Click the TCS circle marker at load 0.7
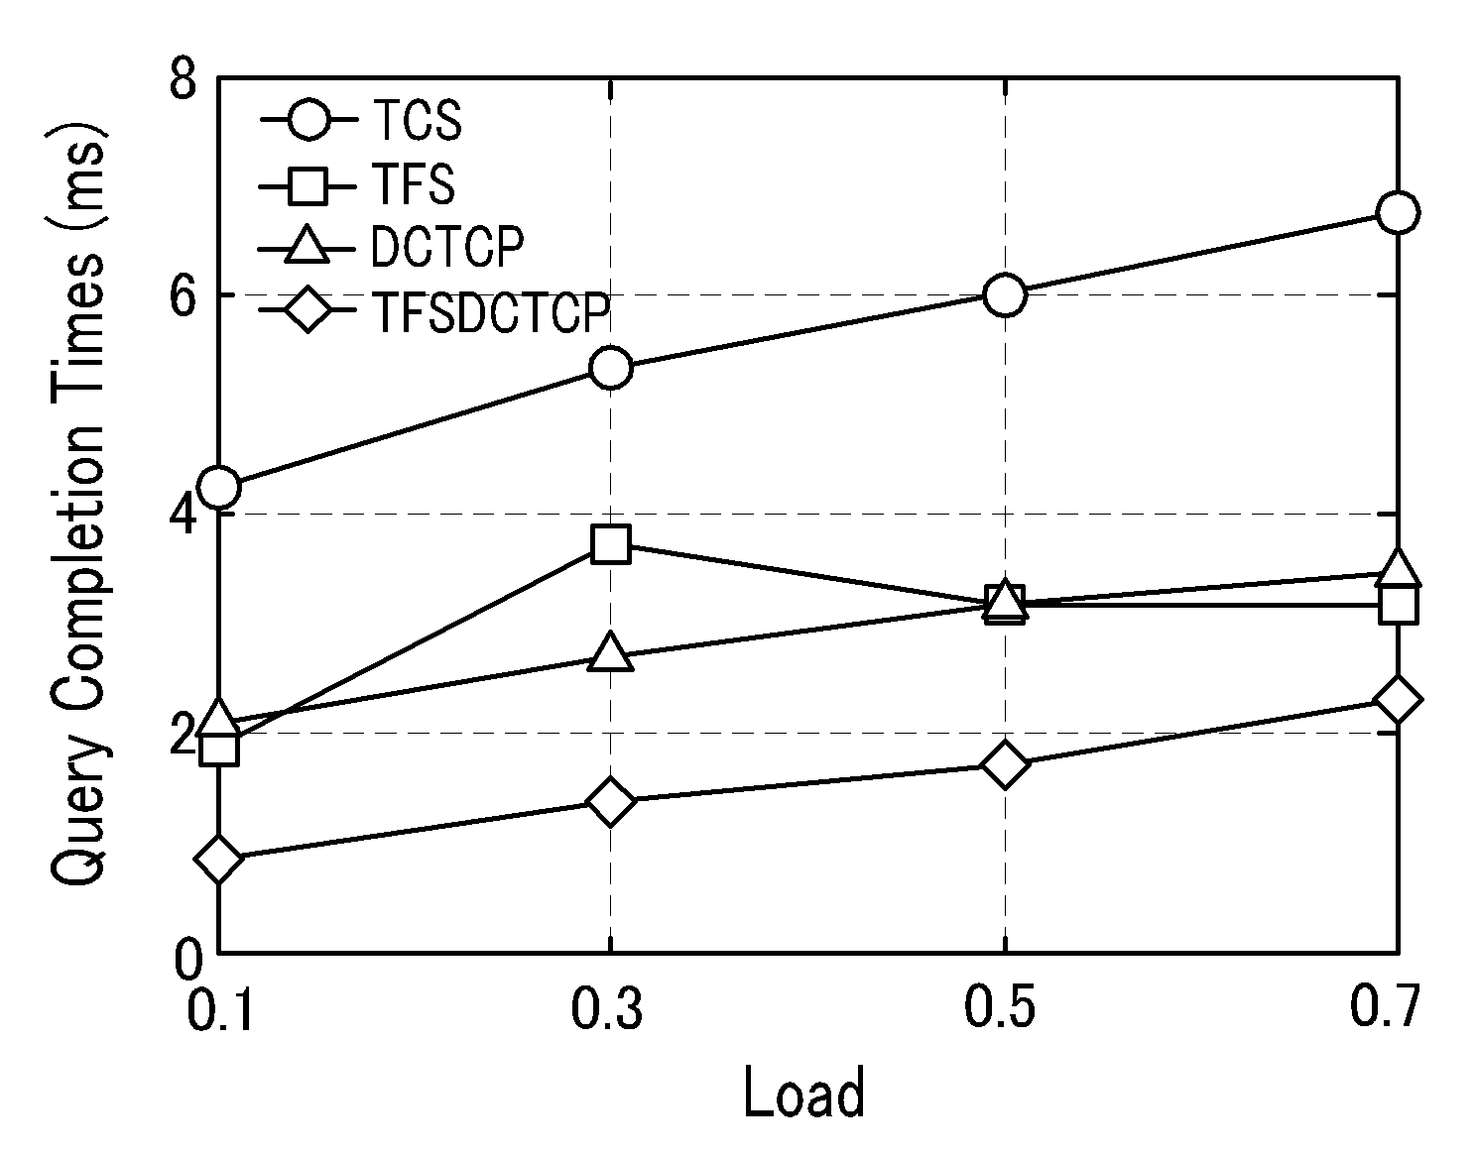(x=1398, y=212)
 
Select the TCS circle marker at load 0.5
(x=1005, y=294)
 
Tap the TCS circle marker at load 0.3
(x=611, y=367)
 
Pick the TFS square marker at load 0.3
(x=611, y=543)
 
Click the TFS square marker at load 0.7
(x=1398, y=604)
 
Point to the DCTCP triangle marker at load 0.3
(x=611, y=653)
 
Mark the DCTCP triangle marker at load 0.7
(x=1398, y=569)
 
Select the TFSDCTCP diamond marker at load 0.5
(x=1005, y=764)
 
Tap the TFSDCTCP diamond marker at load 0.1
(x=218, y=859)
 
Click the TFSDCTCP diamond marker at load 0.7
(x=1398, y=699)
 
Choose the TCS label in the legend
(x=417, y=120)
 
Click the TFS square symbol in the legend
(x=307, y=184)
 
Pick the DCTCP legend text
(x=447, y=247)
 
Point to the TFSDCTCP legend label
(x=491, y=311)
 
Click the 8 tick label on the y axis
(x=184, y=78)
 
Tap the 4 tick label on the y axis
(x=184, y=516)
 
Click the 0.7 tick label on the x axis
(x=1385, y=1006)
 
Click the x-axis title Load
(x=804, y=1092)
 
